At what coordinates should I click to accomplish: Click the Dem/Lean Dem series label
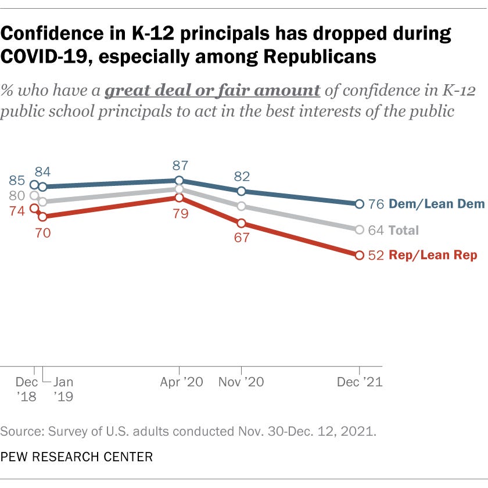click(436, 204)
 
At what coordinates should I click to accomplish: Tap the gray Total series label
click(404, 230)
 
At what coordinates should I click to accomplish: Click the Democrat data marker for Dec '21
click(359, 204)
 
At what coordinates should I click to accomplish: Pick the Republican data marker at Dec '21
click(359, 255)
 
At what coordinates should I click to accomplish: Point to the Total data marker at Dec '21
click(359, 230)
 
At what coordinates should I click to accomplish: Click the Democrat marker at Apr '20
click(179, 181)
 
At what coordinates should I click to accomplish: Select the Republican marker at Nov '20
click(241, 223)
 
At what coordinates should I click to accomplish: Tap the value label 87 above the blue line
click(179, 166)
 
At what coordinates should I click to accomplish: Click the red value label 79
click(179, 214)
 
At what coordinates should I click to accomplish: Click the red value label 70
click(42, 233)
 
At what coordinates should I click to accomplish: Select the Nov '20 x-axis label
click(242, 383)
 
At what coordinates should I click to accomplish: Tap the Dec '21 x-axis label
click(360, 383)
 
